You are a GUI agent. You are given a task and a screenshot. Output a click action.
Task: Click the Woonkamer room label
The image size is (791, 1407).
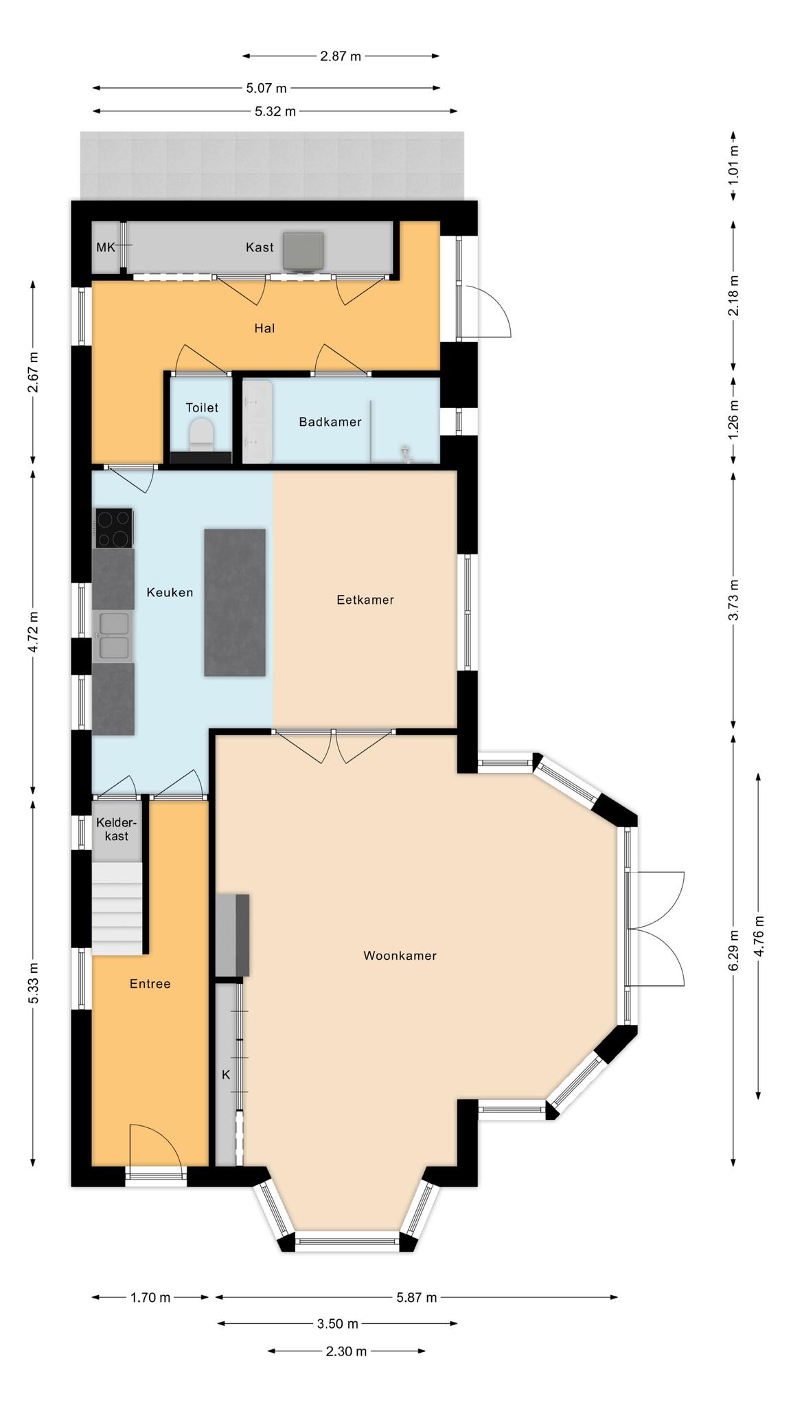coord(400,956)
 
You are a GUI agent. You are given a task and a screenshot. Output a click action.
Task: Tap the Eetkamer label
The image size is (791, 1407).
coord(365,600)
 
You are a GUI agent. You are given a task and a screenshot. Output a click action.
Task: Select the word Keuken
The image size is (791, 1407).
coord(170,592)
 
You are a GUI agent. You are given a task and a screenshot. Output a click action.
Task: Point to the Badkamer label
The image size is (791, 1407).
coord(330,422)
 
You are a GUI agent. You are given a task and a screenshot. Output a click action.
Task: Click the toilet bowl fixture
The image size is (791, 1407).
coord(201,434)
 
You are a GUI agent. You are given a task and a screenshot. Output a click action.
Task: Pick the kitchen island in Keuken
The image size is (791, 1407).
coord(235,603)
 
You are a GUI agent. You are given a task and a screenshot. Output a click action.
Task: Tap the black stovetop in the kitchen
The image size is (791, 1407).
coord(114,528)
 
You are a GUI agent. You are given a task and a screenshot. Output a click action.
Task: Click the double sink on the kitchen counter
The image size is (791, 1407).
coord(113,636)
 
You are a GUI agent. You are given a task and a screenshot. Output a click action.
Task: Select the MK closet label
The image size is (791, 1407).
coord(106,247)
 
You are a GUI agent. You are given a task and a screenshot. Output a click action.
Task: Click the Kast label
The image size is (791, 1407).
coord(260,247)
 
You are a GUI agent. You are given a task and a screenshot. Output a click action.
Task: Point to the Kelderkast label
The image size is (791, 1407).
coord(117,829)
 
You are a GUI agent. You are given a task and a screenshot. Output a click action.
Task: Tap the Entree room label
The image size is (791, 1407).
coord(150,984)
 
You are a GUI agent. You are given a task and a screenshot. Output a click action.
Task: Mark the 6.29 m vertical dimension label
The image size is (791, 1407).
coord(734,950)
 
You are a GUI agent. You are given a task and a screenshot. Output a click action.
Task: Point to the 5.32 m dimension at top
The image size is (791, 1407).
coord(275,111)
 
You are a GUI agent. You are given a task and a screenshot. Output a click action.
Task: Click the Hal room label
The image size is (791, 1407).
coord(264,328)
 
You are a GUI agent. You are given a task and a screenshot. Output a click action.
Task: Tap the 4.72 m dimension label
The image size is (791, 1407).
coord(33,630)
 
